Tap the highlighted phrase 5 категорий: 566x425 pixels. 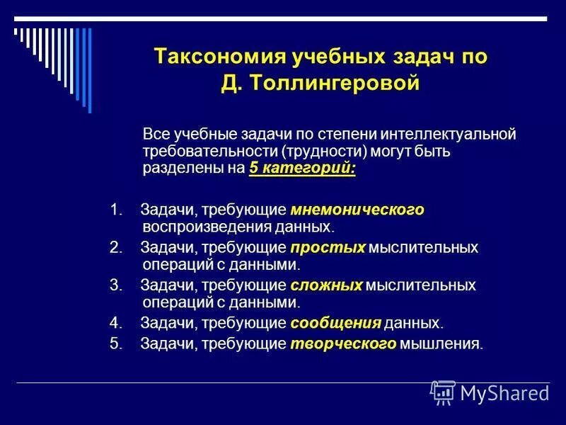(x=302, y=169)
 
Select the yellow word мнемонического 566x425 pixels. (x=357, y=209)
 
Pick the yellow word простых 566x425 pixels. (x=328, y=247)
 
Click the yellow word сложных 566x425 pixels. (x=326, y=285)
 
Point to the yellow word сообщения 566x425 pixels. (x=336, y=323)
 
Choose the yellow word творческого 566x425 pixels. (x=343, y=344)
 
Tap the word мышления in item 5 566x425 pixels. (x=441, y=344)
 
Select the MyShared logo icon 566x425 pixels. (x=443, y=392)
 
